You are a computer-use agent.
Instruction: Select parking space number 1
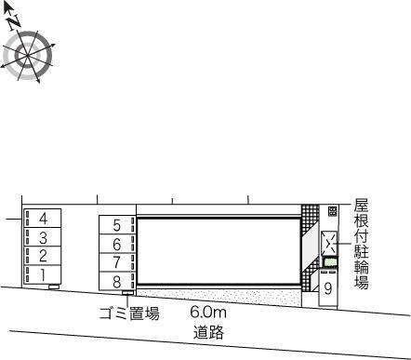click(x=43, y=274)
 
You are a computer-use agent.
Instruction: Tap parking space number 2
click(x=43, y=256)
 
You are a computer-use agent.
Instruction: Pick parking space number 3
click(x=43, y=237)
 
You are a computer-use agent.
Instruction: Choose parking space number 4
click(x=43, y=219)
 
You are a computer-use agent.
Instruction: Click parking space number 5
click(x=117, y=225)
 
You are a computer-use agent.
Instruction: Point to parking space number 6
click(x=117, y=244)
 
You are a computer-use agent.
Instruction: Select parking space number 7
click(x=117, y=262)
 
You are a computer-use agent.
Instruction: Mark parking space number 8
click(x=117, y=281)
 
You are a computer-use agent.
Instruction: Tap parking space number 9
click(x=328, y=288)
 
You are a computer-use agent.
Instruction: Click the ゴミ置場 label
click(x=129, y=313)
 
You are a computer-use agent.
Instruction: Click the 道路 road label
click(x=207, y=331)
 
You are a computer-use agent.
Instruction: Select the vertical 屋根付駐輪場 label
click(x=362, y=245)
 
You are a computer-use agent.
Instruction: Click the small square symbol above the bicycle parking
click(x=332, y=212)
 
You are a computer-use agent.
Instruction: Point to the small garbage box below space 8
click(x=115, y=297)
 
